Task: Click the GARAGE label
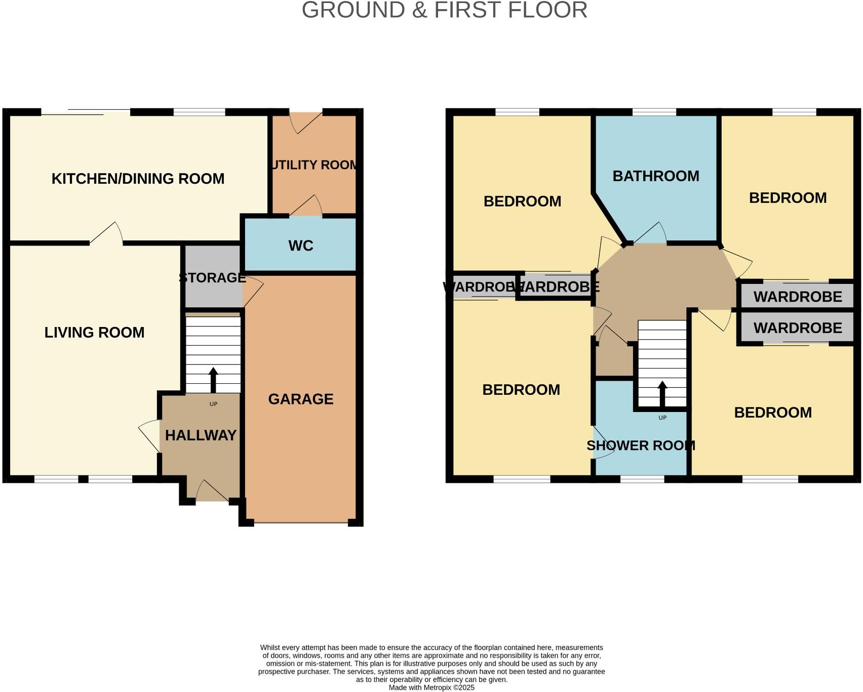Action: [301, 399]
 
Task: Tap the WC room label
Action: [301, 246]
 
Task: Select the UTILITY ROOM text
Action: [314, 165]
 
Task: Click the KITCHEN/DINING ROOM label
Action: [138, 179]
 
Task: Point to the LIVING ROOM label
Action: [95, 333]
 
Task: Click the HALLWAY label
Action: [201, 435]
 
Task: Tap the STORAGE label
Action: [212, 278]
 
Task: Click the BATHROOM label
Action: [656, 176]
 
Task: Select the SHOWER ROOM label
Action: [641, 445]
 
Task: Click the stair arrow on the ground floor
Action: [213, 380]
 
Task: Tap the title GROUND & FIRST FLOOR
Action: [444, 10]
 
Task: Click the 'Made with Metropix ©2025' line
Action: [431, 687]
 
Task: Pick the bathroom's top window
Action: [654, 112]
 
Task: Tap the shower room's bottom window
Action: [642, 479]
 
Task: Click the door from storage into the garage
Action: [253, 291]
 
